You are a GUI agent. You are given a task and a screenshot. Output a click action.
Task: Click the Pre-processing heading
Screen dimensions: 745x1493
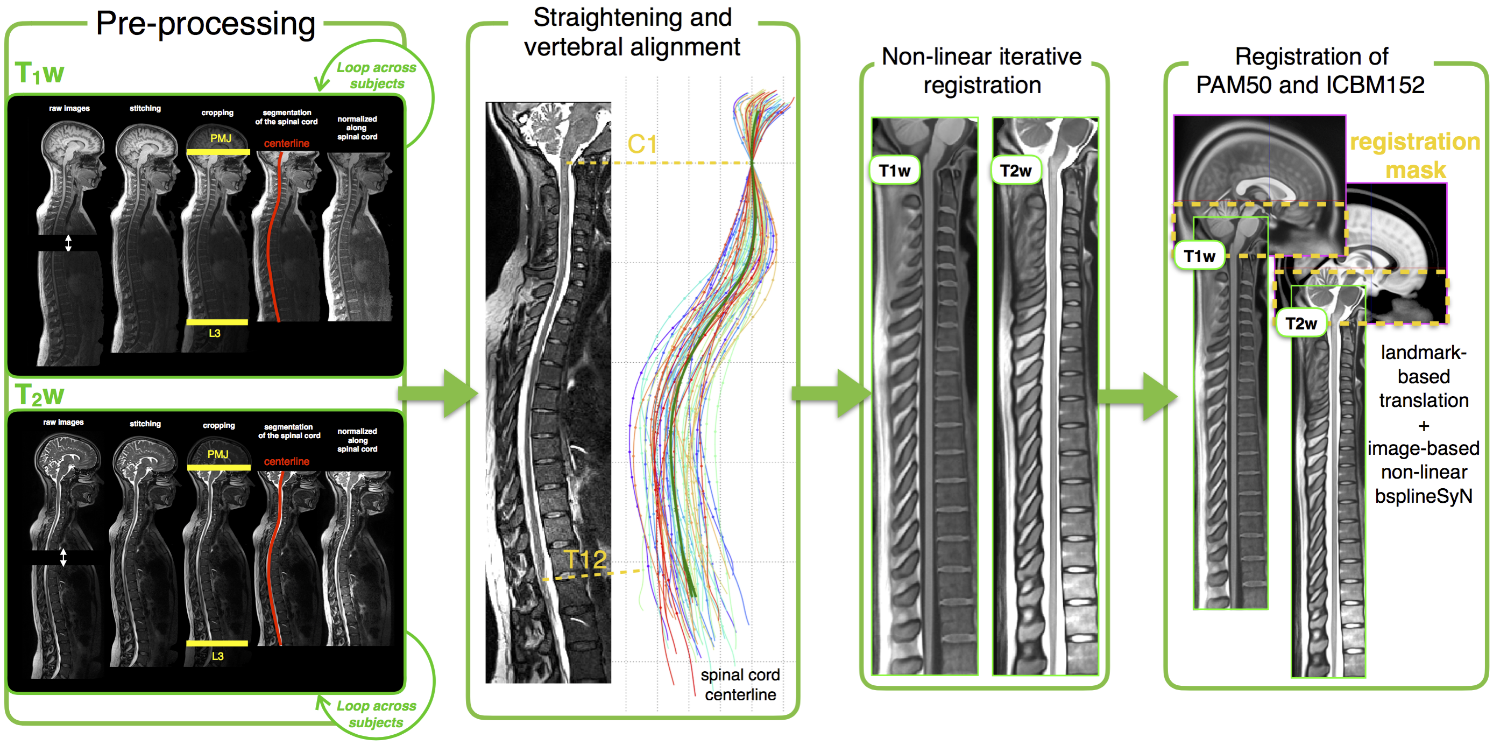205,24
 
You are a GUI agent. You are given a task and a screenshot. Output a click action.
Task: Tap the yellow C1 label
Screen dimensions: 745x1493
642,144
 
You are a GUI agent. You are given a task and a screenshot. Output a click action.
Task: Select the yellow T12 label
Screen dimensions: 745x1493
585,560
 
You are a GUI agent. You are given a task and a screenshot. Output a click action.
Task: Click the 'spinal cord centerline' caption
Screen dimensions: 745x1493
740,685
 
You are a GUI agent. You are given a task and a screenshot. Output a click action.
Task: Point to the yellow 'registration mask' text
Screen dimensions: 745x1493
1415,156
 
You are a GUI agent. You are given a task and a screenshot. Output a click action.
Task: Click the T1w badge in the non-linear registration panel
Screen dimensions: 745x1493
894,171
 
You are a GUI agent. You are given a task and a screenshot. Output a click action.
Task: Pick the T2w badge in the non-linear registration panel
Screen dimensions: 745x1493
1015,171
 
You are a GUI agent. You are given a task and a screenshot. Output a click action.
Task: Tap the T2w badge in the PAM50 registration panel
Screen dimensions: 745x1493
1301,324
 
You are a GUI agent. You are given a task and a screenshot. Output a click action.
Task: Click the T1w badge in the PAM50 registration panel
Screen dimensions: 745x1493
1199,256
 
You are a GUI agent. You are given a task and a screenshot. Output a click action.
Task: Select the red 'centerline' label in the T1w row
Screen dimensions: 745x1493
286,143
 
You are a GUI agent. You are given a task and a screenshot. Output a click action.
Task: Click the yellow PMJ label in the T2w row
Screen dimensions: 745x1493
218,454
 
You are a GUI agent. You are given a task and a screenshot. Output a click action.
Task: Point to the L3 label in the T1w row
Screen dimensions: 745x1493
215,333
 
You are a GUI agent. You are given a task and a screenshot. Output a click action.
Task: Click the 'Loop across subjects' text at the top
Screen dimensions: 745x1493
377,75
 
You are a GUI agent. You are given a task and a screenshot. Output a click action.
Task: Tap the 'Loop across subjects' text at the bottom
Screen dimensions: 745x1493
377,714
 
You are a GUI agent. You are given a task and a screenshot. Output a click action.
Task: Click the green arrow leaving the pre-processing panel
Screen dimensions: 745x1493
441,393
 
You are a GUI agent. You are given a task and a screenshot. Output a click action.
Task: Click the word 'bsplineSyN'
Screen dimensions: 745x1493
1423,496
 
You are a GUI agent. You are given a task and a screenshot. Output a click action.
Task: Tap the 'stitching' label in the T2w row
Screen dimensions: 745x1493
145,424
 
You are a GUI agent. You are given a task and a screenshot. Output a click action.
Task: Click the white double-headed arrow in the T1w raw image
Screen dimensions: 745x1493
68,243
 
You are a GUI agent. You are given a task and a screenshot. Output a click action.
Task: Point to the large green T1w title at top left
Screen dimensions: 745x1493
39,74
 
